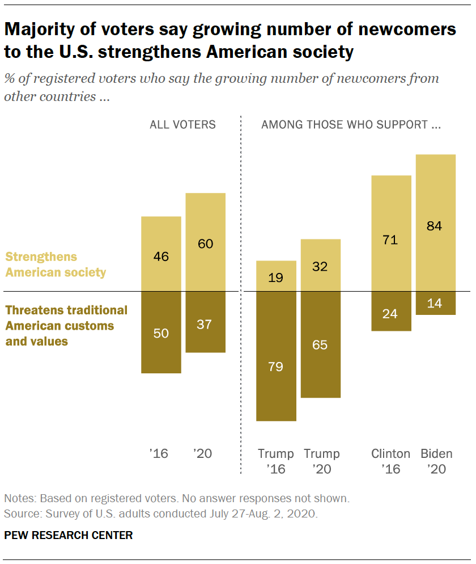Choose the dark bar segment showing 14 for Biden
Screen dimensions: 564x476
(x=436, y=303)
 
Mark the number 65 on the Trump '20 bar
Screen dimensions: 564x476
(x=320, y=344)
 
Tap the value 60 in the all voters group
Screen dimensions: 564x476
(x=206, y=243)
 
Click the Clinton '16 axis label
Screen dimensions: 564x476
(x=391, y=461)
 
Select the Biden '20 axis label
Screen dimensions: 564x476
(x=436, y=461)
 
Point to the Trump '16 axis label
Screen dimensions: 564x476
(x=276, y=461)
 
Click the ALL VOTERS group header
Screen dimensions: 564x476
(x=182, y=124)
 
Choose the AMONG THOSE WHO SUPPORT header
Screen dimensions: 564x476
(x=351, y=124)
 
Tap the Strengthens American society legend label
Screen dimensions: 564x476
(x=56, y=264)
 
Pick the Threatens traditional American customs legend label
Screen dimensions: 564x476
(x=66, y=326)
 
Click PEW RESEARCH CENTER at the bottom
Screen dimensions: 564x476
(x=69, y=535)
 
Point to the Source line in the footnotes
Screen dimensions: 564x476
(x=161, y=515)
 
